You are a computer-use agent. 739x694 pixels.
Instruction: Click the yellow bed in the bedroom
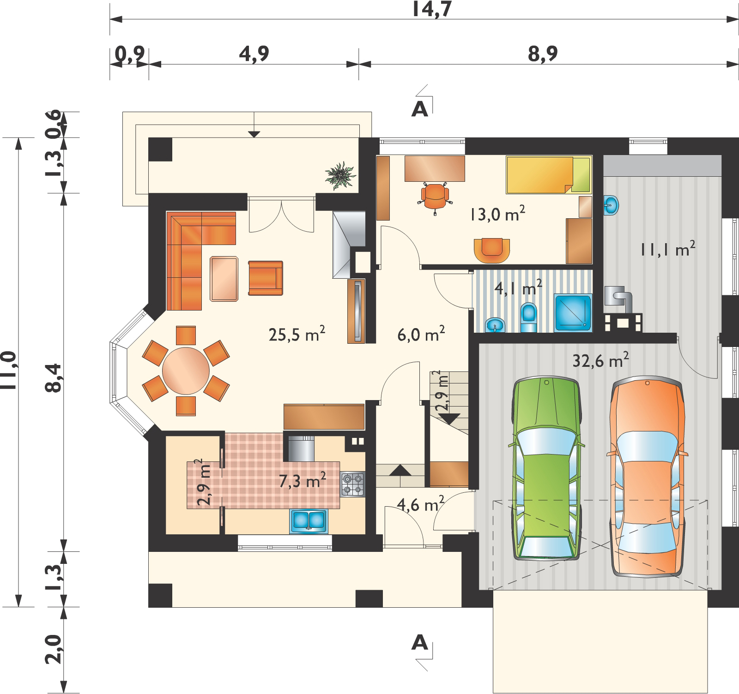coord(549,175)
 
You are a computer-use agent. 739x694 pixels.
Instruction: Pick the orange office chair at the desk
coord(436,197)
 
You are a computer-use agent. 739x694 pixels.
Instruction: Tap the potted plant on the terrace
coord(340,175)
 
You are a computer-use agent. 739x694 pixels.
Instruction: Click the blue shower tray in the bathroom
coord(573,312)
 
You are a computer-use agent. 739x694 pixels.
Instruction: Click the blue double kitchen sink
coord(308,521)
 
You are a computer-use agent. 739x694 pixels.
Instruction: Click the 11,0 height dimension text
coord(10,372)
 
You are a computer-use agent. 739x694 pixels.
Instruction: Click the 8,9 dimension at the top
coord(543,55)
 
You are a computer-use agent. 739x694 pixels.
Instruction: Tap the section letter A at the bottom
coord(419,642)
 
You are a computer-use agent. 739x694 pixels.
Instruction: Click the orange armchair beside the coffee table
coord(266,277)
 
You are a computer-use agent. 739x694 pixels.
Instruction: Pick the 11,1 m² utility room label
coord(667,249)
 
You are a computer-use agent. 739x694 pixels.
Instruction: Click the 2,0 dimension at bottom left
coord(55,649)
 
